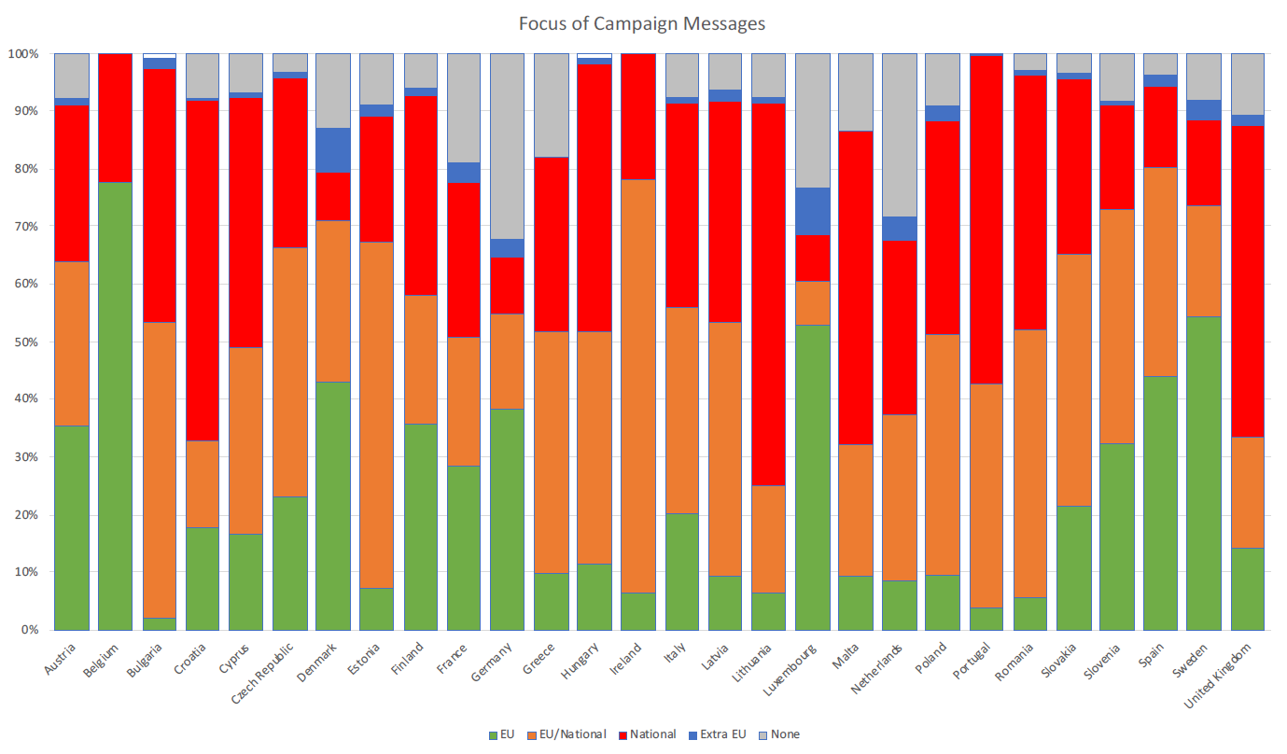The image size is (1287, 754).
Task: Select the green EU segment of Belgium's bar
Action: coord(116,406)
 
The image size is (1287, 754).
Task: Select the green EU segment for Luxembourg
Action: coord(813,477)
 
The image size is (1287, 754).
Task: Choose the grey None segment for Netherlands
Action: coord(900,134)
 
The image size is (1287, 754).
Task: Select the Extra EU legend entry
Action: coord(720,734)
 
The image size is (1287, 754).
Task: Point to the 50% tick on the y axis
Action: coord(25,342)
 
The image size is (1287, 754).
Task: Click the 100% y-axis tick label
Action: coord(22,54)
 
